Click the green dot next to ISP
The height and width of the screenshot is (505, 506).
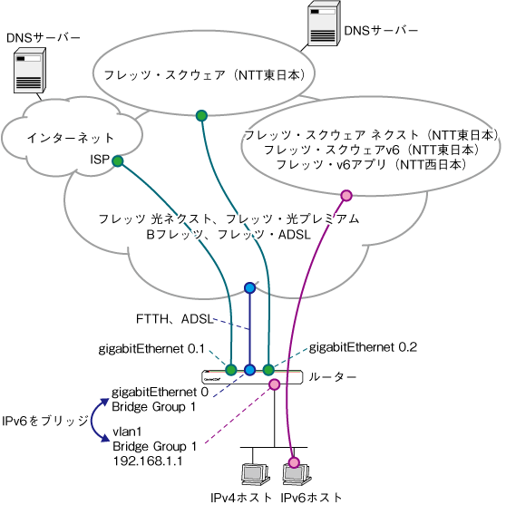click(118, 160)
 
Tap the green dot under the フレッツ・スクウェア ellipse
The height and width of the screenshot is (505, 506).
click(201, 115)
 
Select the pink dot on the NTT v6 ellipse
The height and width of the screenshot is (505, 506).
click(346, 196)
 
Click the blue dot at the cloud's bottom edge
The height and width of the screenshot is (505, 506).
click(249, 287)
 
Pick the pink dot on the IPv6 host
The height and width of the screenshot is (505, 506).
click(294, 462)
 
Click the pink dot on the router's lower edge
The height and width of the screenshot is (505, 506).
click(274, 384)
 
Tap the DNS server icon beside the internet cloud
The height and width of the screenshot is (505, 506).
click(30, 71)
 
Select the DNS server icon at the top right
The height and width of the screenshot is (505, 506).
click(324, 24)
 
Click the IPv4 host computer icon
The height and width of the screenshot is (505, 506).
click(255, 474)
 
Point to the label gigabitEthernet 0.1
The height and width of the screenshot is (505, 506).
click(151, 349)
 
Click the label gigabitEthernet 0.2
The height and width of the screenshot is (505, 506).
click(363, 347)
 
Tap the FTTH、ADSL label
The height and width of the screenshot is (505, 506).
click(174, 319)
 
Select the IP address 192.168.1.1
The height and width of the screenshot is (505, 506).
click(148, 461)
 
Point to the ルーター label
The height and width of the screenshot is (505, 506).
click(333, 377)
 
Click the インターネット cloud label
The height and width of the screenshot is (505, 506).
click(71, 138)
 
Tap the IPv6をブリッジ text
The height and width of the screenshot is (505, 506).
click(44, 421)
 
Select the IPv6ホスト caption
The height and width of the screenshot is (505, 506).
click(311, 497)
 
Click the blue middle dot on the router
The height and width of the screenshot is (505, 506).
click(249, 370)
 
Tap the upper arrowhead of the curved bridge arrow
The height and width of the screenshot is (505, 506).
click(104, 402)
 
